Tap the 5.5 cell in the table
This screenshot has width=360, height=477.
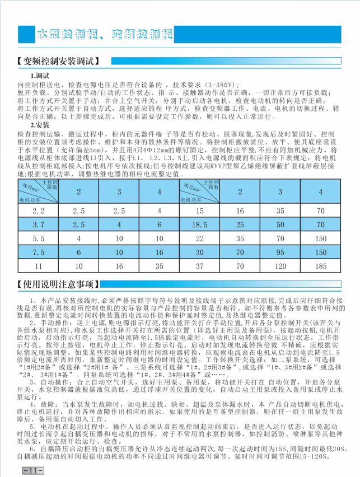pos(39,238)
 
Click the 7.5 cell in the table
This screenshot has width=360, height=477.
pos(39,252)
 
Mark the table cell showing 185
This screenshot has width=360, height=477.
pos(321,265)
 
